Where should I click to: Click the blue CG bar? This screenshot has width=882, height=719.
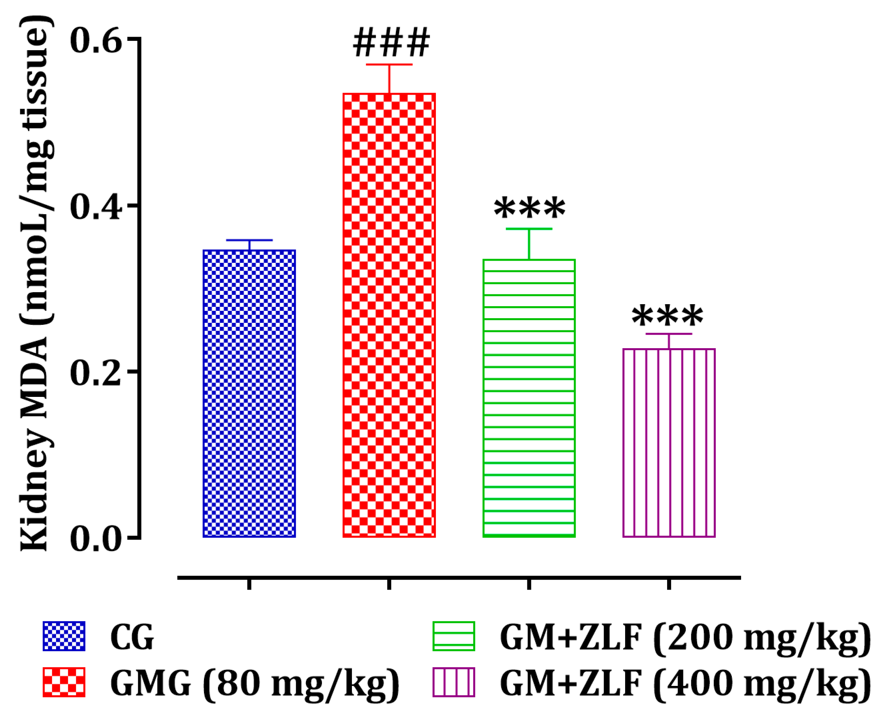tap(249, 393)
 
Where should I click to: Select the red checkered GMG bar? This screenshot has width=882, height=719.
tap(389, 315)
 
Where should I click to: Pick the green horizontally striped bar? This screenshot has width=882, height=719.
tap(529, 398)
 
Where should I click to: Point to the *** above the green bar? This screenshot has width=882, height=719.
tap(529, 208)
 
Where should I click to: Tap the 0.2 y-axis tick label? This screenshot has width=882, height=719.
tap(96, 373)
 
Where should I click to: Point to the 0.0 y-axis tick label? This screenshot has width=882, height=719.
tap(96, 538)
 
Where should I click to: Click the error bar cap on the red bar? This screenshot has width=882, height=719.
tap(389, 65)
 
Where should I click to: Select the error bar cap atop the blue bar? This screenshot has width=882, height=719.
tap(249, 240)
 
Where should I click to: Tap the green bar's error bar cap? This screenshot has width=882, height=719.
tap(529, 229)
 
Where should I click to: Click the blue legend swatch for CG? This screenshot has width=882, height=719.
tap(64, 636)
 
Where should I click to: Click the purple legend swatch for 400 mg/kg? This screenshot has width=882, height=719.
tap(453, 682)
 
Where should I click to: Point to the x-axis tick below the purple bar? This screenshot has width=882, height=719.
tap(669, 584)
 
